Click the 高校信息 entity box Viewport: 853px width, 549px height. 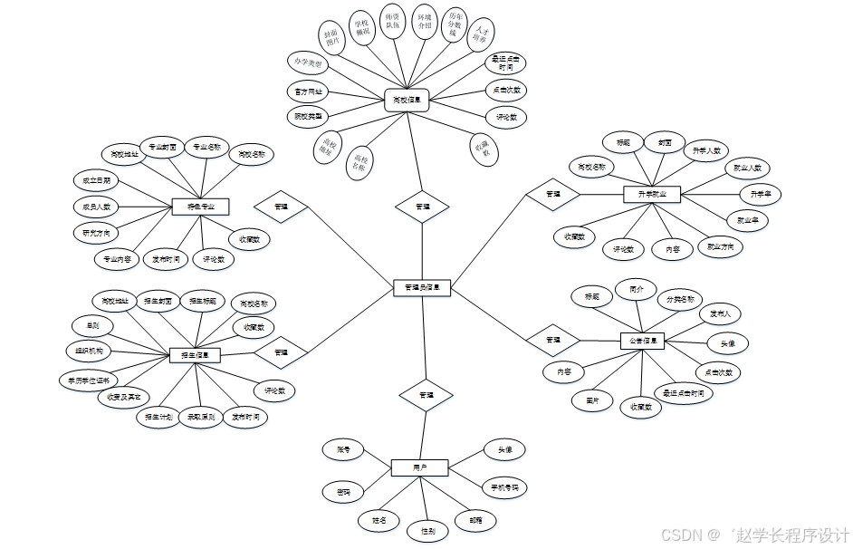(407, 99)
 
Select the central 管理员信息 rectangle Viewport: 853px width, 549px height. (423, 287)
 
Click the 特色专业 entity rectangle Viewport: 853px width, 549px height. (200, 207)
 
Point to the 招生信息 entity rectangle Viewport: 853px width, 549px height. (195, 355)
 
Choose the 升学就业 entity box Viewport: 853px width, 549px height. (652, 194)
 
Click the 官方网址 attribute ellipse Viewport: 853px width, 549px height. (307, 92)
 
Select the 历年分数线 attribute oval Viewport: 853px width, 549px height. (455, 22)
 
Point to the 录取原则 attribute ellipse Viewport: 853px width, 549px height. (201, 418)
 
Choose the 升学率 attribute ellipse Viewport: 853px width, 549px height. (760, 194)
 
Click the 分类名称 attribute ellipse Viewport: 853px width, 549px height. (680, 299)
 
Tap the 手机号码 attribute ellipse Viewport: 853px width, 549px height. (501, 487)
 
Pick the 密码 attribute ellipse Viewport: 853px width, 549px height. (344, 492)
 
